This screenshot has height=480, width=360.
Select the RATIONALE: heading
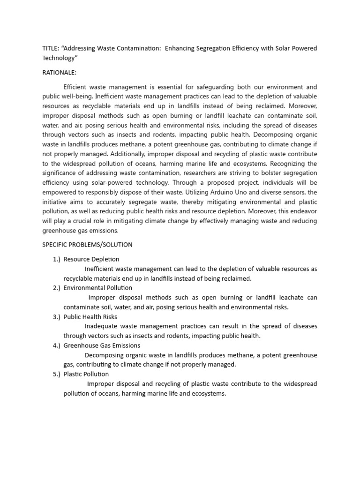[60, 73]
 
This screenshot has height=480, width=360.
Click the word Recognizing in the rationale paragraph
[295, 164]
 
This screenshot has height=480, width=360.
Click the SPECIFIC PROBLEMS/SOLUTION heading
[87, 245]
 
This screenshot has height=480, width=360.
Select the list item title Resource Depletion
[91, 259]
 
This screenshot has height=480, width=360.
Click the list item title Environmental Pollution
[98, 288]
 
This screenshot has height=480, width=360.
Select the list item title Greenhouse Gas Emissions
[102, 345]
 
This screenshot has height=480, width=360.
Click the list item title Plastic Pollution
[86, 374]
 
